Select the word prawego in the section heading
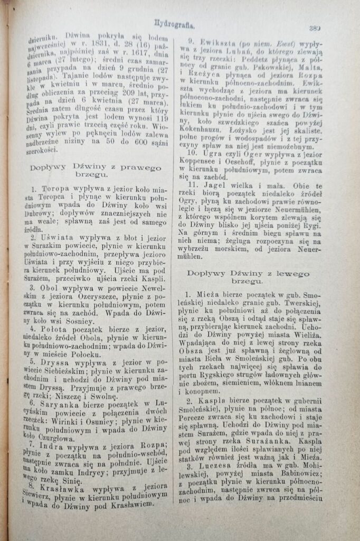[x=136, y=168]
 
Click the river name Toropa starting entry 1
[x=48, y=188]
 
